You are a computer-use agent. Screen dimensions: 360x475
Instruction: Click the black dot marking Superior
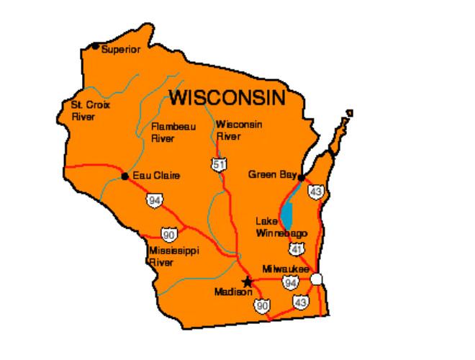(96, 47)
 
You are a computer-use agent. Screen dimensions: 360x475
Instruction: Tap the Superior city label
(121, 50)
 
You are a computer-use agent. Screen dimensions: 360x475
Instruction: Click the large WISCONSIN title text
(227, 97)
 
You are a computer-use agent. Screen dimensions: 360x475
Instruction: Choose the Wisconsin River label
(239, 130)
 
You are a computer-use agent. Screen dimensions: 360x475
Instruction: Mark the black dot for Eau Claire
(125, 176)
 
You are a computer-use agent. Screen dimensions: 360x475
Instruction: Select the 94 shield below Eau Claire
(154, 199)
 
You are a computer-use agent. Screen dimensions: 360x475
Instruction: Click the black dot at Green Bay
(302, 177)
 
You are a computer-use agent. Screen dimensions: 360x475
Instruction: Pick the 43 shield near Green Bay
(315, 191)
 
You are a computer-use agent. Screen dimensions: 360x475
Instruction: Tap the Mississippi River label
(173, 256)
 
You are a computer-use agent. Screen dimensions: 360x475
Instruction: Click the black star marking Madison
(248, 281)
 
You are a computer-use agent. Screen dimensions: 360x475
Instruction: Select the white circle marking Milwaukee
(317, 279)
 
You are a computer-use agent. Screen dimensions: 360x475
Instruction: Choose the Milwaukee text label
(286, 267)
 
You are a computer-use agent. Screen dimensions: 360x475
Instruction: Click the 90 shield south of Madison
(261, 307)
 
